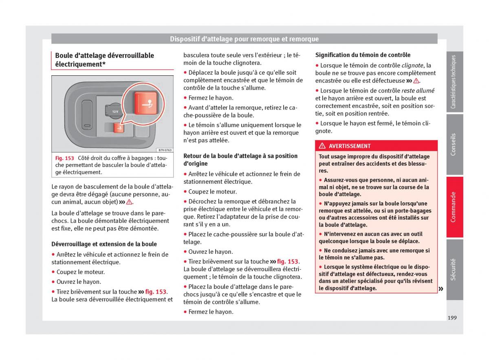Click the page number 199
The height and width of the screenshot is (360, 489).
click(x=452, y=318)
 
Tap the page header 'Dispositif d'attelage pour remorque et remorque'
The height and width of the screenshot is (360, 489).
click(x=244, y=39)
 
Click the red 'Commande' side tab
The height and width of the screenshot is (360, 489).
click(x=454, y=207)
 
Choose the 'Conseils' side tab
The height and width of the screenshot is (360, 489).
click(x=454, y=145)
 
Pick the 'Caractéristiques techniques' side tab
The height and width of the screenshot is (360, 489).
click(x=454, y=82)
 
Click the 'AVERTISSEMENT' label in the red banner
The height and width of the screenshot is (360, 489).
click(x=350, y=146)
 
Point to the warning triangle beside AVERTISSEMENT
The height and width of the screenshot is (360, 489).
click(x=322, y=146)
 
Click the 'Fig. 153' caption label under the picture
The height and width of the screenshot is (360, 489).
click(x=64, y=158)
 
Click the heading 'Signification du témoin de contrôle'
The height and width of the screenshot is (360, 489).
click(x=363, y=55)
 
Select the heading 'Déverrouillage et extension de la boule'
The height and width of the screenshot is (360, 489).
click(x=104, y=244)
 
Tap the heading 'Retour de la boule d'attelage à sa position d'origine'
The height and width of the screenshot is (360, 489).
click(x=240, y=160)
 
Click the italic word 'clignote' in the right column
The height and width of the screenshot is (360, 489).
click(x=412, y=65)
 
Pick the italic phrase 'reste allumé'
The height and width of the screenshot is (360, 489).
click(x=418, y=91)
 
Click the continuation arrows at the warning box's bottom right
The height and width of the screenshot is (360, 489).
click(x=441, y=289)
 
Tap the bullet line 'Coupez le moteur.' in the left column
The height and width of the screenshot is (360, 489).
click(x=80, y=272)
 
